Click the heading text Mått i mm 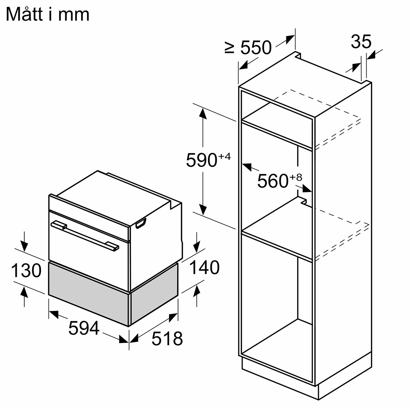pos(47,15)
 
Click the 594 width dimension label pos(83,328)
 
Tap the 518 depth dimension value pos(167,339)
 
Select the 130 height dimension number pos(26,271)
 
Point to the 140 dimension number pos(204,268)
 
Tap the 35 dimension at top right pos(361,42)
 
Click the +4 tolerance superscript pos(224,157)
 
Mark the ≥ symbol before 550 pos(230,48)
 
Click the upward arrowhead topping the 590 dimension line pos(203,113)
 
